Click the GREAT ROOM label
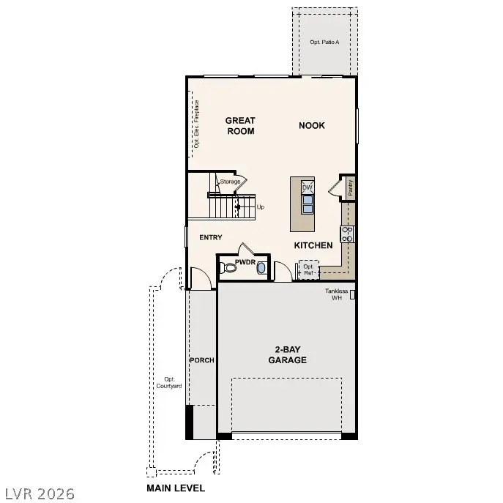tap(239, 126)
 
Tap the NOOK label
tap(311, 125)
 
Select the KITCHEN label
tap(313, 245)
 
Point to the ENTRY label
tap(211, 237)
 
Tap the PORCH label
tap(201, 360)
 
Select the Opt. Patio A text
tap(325, 42)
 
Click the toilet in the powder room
tap(229, 268)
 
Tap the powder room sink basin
tap(261, 269)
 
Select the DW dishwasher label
tap(308, 187)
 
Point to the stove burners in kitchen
tap(348, 234)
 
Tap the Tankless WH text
tap(337, 294)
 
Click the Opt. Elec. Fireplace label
tap(196, 124)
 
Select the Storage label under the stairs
tap(230, 182)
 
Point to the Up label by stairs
tap(260, 207)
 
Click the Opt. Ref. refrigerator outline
tap(308, 270)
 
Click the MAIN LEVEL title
tap(176, 488)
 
